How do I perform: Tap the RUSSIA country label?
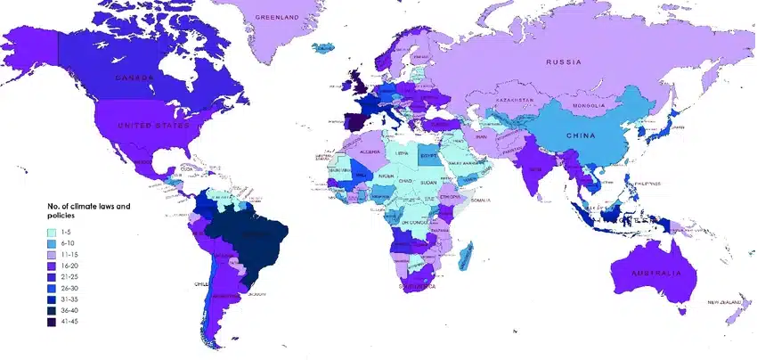(x=565, y=62)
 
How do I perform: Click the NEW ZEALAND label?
(x=725, y=304)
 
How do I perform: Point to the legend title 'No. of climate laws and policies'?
(x=87, y=211)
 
